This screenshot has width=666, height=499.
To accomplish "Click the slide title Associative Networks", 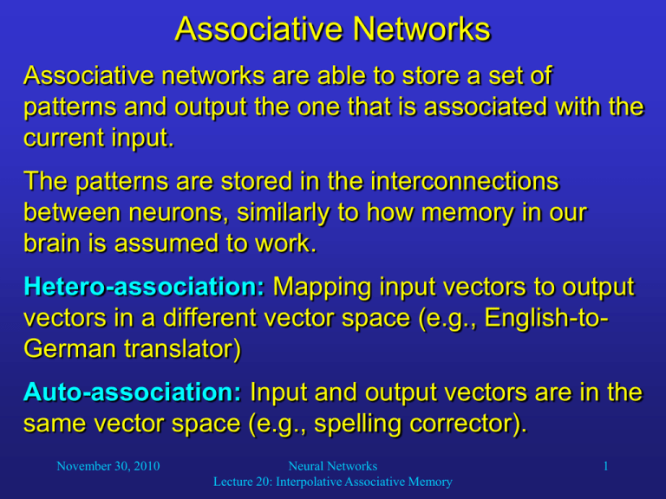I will coord(332,29).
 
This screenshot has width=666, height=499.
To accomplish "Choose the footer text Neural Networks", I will coord(334,466).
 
